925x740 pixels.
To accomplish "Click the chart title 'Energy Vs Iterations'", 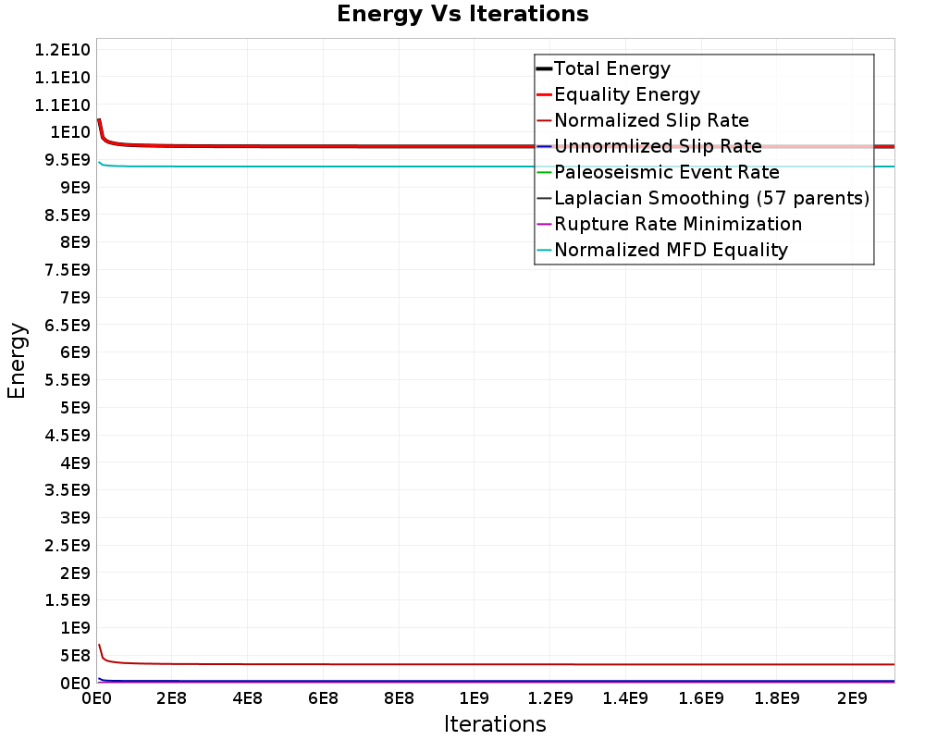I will click(462, 15).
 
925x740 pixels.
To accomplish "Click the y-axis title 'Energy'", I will click(17, 360).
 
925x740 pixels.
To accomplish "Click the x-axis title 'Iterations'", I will click(495, 723).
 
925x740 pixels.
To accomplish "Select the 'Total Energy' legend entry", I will click(611, 68).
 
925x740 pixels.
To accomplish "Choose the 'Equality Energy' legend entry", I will click(626, 94).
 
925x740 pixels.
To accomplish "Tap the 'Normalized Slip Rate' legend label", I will click(651, 120).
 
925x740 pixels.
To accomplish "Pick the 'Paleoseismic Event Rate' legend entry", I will click(666, 172).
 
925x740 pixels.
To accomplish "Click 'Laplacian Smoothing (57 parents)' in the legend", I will click(711, 198).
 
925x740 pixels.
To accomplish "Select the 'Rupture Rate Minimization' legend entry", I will click(677, 224).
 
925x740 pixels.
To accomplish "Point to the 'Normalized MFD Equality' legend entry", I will click(671, 250).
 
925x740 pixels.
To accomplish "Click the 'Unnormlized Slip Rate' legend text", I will click(658, 146).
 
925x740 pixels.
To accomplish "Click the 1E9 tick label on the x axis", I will click(474, 697).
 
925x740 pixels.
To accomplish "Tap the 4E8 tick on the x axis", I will click(247, 697).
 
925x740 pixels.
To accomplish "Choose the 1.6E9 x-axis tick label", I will click(700, 697).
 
